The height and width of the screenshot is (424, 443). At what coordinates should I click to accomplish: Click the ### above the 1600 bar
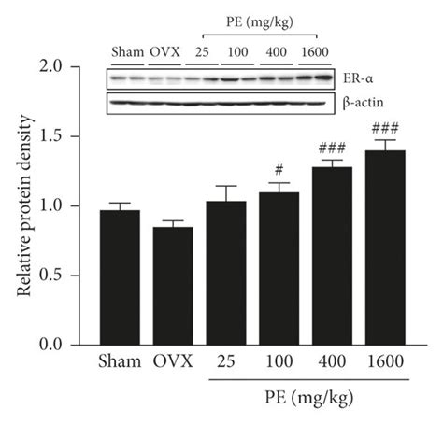382,128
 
